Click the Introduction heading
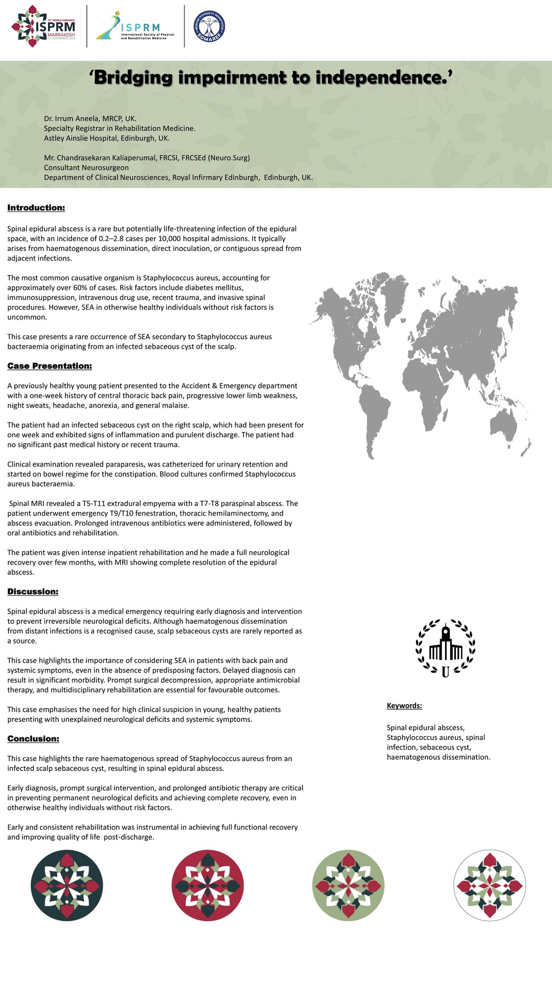pyautogui.click(x=36, y=208)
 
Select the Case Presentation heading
pyautogui.click(x=50, y=366)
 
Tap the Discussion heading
pyautogui.click(x=33, y=592)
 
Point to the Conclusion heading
pyautogui.click(x=33, y=739)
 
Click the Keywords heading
pyautogui.click(x=404, y=706)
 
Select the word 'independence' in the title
pyautogui.click(x=378, y=78)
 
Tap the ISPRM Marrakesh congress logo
pyautogui.click(x=43, y=27)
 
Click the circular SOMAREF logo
pyautogui.click(x=210, y=27)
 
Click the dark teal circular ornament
pyautogui.click(x=67, y=885)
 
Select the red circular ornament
pyautogui.click(x=208, y=885)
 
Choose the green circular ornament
pyautogui.click(x=348, y=885)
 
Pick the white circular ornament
pyautogui.click(x=489, y=885)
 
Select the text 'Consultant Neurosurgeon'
pyautogui.click(x=86, y=168)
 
